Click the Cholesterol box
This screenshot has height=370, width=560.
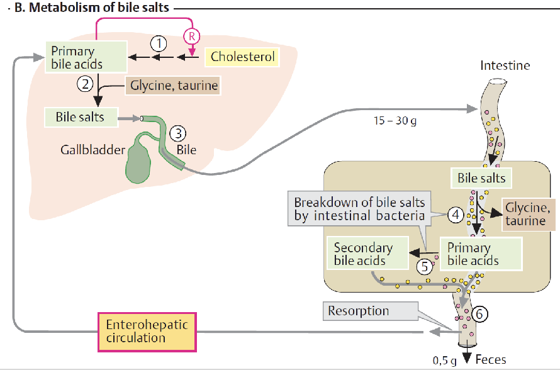click(242, 57)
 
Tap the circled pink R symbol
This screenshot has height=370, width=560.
click(191, 36)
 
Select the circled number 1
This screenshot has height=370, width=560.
click(159, 43)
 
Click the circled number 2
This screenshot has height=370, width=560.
click(85, 84)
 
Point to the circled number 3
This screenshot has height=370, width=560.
click(178, 133)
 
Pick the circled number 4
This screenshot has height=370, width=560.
click(456, 215)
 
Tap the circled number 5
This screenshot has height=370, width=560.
click(425, 267)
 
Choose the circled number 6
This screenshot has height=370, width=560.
click(479, 314)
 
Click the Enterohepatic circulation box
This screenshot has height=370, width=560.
click(147, 332)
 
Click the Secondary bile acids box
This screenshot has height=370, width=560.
click(367, 254)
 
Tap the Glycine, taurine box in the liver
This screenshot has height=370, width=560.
click(173, 86)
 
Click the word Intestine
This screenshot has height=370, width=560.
click(505, 65)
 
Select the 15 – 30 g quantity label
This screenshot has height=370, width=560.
click(395, 121)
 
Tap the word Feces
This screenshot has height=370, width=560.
click(491, 359)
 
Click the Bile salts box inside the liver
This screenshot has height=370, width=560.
click(81, 117)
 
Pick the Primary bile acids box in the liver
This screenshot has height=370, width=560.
click(86, 57)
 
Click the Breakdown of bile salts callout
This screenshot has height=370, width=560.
click(359, 208)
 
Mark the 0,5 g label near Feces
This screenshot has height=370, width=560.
click(445, 361)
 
